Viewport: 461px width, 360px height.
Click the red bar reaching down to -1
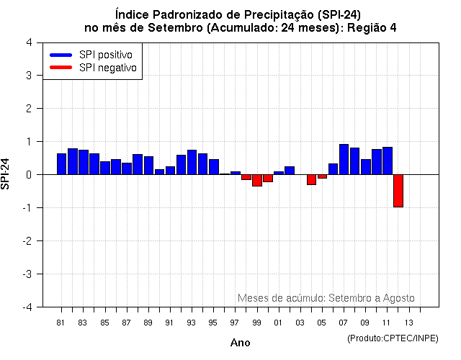tap(398, 191)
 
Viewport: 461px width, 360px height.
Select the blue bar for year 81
tap(62, 164)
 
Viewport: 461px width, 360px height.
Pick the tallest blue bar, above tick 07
tap(344, 159)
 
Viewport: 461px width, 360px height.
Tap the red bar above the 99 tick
tap(257, 180)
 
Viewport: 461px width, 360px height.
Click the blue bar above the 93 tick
tap(192, 162)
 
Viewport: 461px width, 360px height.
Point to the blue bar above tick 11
tap(388, 161)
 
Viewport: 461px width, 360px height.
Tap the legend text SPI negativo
tap(108, 68)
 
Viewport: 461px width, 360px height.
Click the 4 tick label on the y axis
tap(28, 42)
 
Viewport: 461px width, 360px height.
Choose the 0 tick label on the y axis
tap(28, 174)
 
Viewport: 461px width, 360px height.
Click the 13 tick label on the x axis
tap(408, 323)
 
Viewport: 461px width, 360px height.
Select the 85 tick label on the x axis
tap(104, 323)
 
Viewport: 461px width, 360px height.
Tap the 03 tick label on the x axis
tap(300, 323)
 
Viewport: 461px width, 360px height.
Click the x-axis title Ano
tap(240, 343)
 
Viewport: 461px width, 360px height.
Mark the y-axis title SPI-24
tap(6, 174)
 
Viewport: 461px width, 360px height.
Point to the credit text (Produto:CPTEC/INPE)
tap(392, 338)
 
